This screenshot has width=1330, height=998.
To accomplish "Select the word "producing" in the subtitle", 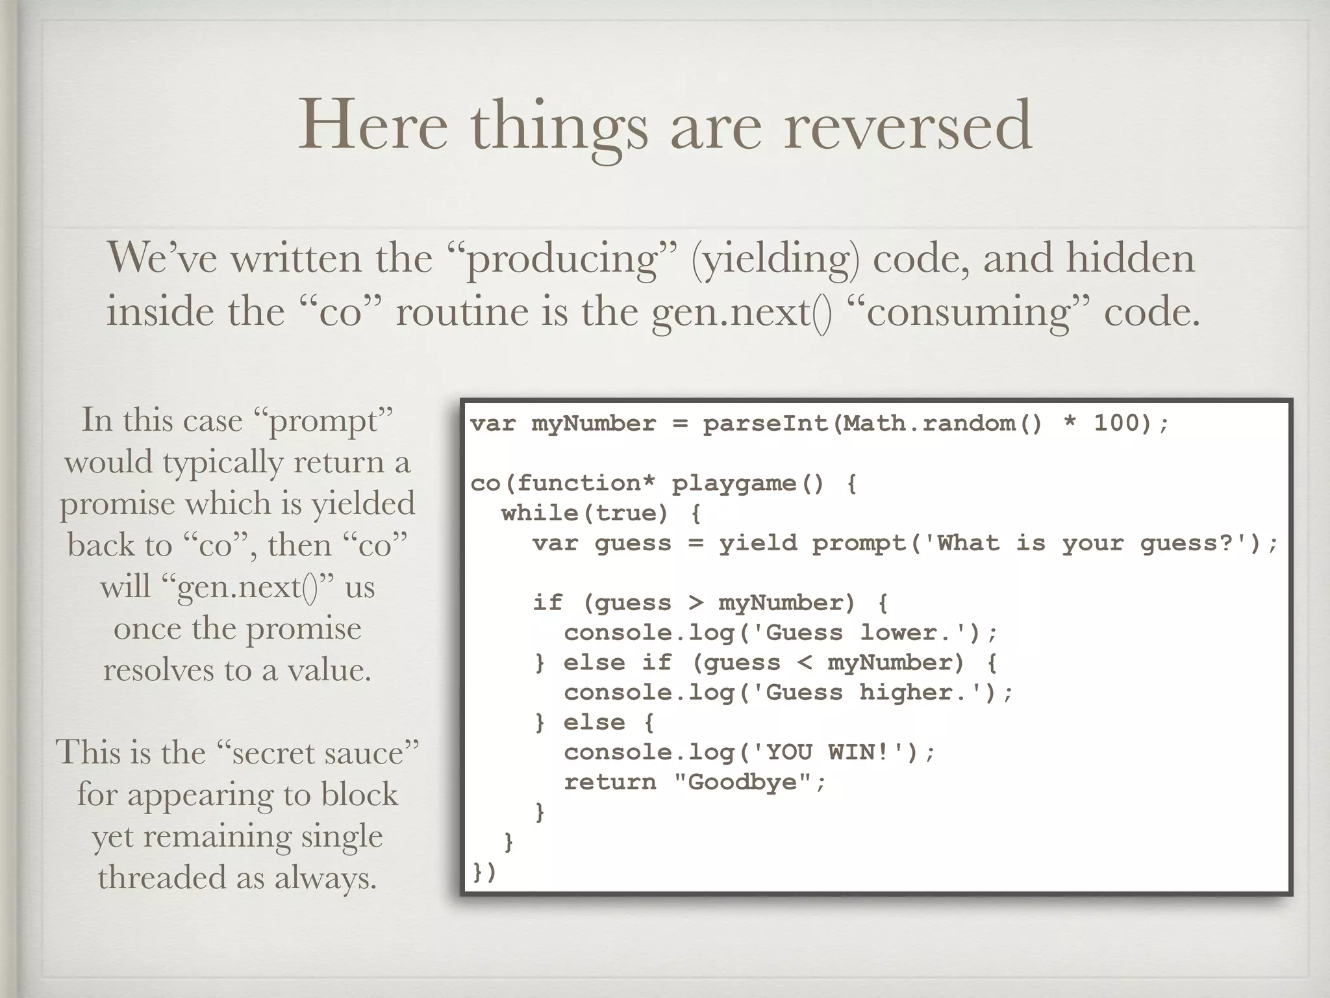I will point(562,259).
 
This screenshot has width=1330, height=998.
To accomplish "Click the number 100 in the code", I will point(1118,424).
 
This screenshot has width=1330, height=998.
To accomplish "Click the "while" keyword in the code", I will point(540,513).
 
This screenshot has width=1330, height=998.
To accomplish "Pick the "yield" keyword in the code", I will point(758,543).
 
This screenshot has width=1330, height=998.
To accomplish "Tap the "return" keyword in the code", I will point(610,782).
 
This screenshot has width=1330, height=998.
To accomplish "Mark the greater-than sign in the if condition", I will point(696,603).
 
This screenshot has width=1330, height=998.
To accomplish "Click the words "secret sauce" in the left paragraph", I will point(325,754).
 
